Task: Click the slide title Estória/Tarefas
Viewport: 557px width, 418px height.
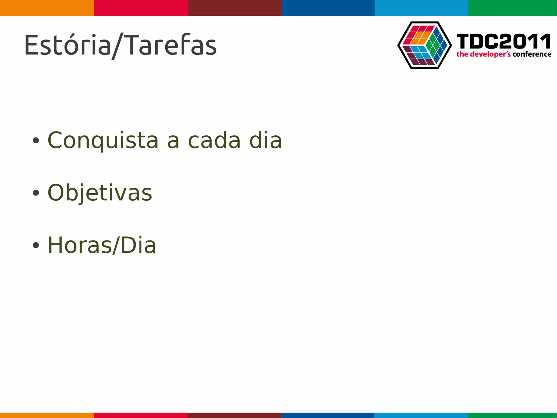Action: click(120, 45)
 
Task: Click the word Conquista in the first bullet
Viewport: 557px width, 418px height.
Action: click(103, 141)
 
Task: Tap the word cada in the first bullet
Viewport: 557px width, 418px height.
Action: click(214, 141)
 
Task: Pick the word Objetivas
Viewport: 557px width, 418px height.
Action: click(100, 193)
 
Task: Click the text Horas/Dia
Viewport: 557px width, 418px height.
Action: click(102, 245)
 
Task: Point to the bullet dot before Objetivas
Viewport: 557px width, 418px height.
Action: click(36, 193)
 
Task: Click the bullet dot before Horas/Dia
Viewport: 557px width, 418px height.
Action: click(36, 245)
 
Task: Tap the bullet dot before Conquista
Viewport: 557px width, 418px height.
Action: click(36, 141)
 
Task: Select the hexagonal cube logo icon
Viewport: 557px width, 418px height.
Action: click(424, 45)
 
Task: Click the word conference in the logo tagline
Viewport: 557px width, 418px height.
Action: click(532, 54)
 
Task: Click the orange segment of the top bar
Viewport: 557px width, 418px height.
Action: click(47, 8)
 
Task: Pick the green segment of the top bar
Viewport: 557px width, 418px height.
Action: click(512, 8)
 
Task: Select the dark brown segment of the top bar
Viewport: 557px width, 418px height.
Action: click(235, 8)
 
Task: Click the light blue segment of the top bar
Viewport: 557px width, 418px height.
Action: click(421, 8)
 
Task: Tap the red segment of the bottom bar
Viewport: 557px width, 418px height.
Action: click(141, 415)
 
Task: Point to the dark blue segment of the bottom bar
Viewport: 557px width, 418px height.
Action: click(328, 415)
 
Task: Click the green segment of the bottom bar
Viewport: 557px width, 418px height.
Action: click(512, 415)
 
